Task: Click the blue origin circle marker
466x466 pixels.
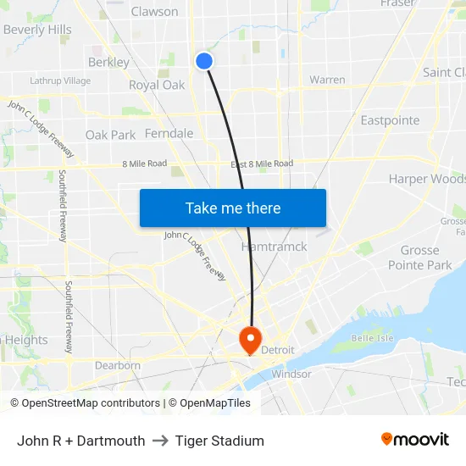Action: [204, 61]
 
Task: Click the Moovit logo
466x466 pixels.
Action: [414, 440]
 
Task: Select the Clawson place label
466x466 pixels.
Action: [154, 12]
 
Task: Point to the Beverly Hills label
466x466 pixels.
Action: [37, 30]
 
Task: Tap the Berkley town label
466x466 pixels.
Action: [108, 62]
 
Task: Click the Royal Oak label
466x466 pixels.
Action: [157, 85]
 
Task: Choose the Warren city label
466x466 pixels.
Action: [327, 80]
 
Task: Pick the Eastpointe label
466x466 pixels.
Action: [390, 120]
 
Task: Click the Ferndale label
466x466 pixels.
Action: [169, 134]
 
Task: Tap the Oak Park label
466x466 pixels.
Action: [110, 135]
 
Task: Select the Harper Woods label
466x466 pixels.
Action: [424, 179]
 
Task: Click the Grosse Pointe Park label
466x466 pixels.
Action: [419, 258]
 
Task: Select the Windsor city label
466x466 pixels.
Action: [291, 374]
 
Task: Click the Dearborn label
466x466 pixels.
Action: [118, 365]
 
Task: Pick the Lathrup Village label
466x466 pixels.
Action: [60, 81]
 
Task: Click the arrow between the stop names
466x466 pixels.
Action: [160, 441]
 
